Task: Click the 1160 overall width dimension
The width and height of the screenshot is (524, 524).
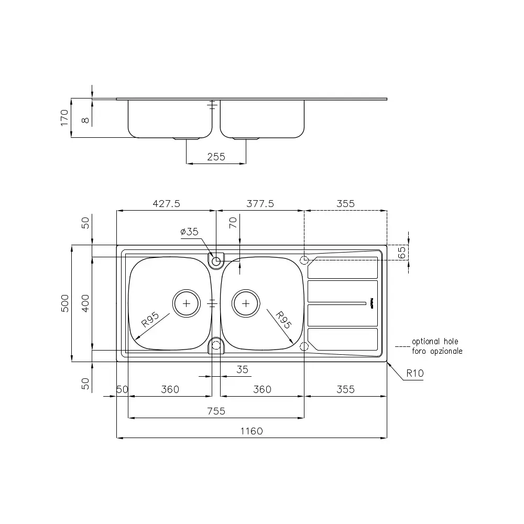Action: click(252, 431)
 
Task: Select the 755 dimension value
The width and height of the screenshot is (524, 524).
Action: click(216, 411)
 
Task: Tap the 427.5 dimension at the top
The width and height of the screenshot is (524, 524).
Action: click(167, 203)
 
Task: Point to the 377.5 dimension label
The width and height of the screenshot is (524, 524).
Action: click(260, 203)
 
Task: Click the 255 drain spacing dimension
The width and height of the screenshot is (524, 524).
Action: click(216, 157)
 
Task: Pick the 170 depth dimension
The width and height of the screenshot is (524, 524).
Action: click(64, 117)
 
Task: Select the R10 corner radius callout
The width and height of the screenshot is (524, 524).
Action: click(415, 373)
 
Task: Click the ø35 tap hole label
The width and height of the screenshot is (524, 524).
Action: click(189, 231)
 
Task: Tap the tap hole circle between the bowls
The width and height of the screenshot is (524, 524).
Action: click(216, 261)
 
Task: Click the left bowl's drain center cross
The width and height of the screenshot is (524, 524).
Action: click(187, 303)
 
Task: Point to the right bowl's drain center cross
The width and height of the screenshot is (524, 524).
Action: click(246, 303)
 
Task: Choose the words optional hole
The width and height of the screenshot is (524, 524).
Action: click(435, 342)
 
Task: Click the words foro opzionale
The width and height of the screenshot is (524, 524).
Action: click(437, 351)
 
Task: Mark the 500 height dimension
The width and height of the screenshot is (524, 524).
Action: click(65, 303)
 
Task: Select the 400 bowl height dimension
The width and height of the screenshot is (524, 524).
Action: click(85, 303)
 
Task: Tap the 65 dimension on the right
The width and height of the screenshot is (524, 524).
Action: click(402, 253)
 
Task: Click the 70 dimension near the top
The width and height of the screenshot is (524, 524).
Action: click(233, 223)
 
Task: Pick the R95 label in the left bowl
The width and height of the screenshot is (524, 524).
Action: click(150, 320)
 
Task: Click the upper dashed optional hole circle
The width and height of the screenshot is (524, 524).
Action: click(304, 260)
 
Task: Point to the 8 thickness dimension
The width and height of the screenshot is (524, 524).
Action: click(85, 120)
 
